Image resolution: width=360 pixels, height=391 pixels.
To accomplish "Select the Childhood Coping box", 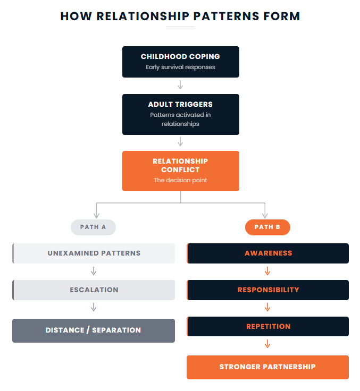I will (180, 62).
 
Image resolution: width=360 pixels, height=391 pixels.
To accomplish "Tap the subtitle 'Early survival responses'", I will (180, 67).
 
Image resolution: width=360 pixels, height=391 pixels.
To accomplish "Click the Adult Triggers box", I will (180, 114).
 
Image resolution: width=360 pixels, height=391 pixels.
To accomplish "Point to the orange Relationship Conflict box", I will (180, 171).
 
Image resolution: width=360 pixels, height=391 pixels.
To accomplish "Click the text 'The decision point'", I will (180, 181).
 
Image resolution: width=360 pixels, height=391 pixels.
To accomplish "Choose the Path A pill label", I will (93, 227).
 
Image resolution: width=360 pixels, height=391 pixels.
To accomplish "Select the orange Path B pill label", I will (267, 227).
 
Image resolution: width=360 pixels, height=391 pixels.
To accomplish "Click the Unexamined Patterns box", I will (94, 253).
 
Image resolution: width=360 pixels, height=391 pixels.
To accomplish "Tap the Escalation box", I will (94, 290).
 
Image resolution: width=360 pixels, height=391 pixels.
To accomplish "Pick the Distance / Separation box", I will (94, 330).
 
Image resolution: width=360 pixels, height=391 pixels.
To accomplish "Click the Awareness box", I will (268, 253).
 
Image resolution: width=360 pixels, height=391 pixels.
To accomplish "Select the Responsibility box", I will (268, 290).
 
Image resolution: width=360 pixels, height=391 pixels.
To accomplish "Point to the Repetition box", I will (268, 326).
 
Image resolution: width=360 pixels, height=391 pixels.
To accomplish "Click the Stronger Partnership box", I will (267, 367).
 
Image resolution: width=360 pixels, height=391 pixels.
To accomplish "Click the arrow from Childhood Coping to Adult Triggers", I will (180, 85).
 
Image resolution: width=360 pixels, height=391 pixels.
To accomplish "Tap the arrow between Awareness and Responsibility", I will (267, 271).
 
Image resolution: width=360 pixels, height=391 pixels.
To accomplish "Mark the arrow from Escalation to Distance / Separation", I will (94, 307).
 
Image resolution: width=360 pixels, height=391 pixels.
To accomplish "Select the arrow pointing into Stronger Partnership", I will (267, 344).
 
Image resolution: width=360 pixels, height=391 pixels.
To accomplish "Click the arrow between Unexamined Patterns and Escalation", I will (94, 271).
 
